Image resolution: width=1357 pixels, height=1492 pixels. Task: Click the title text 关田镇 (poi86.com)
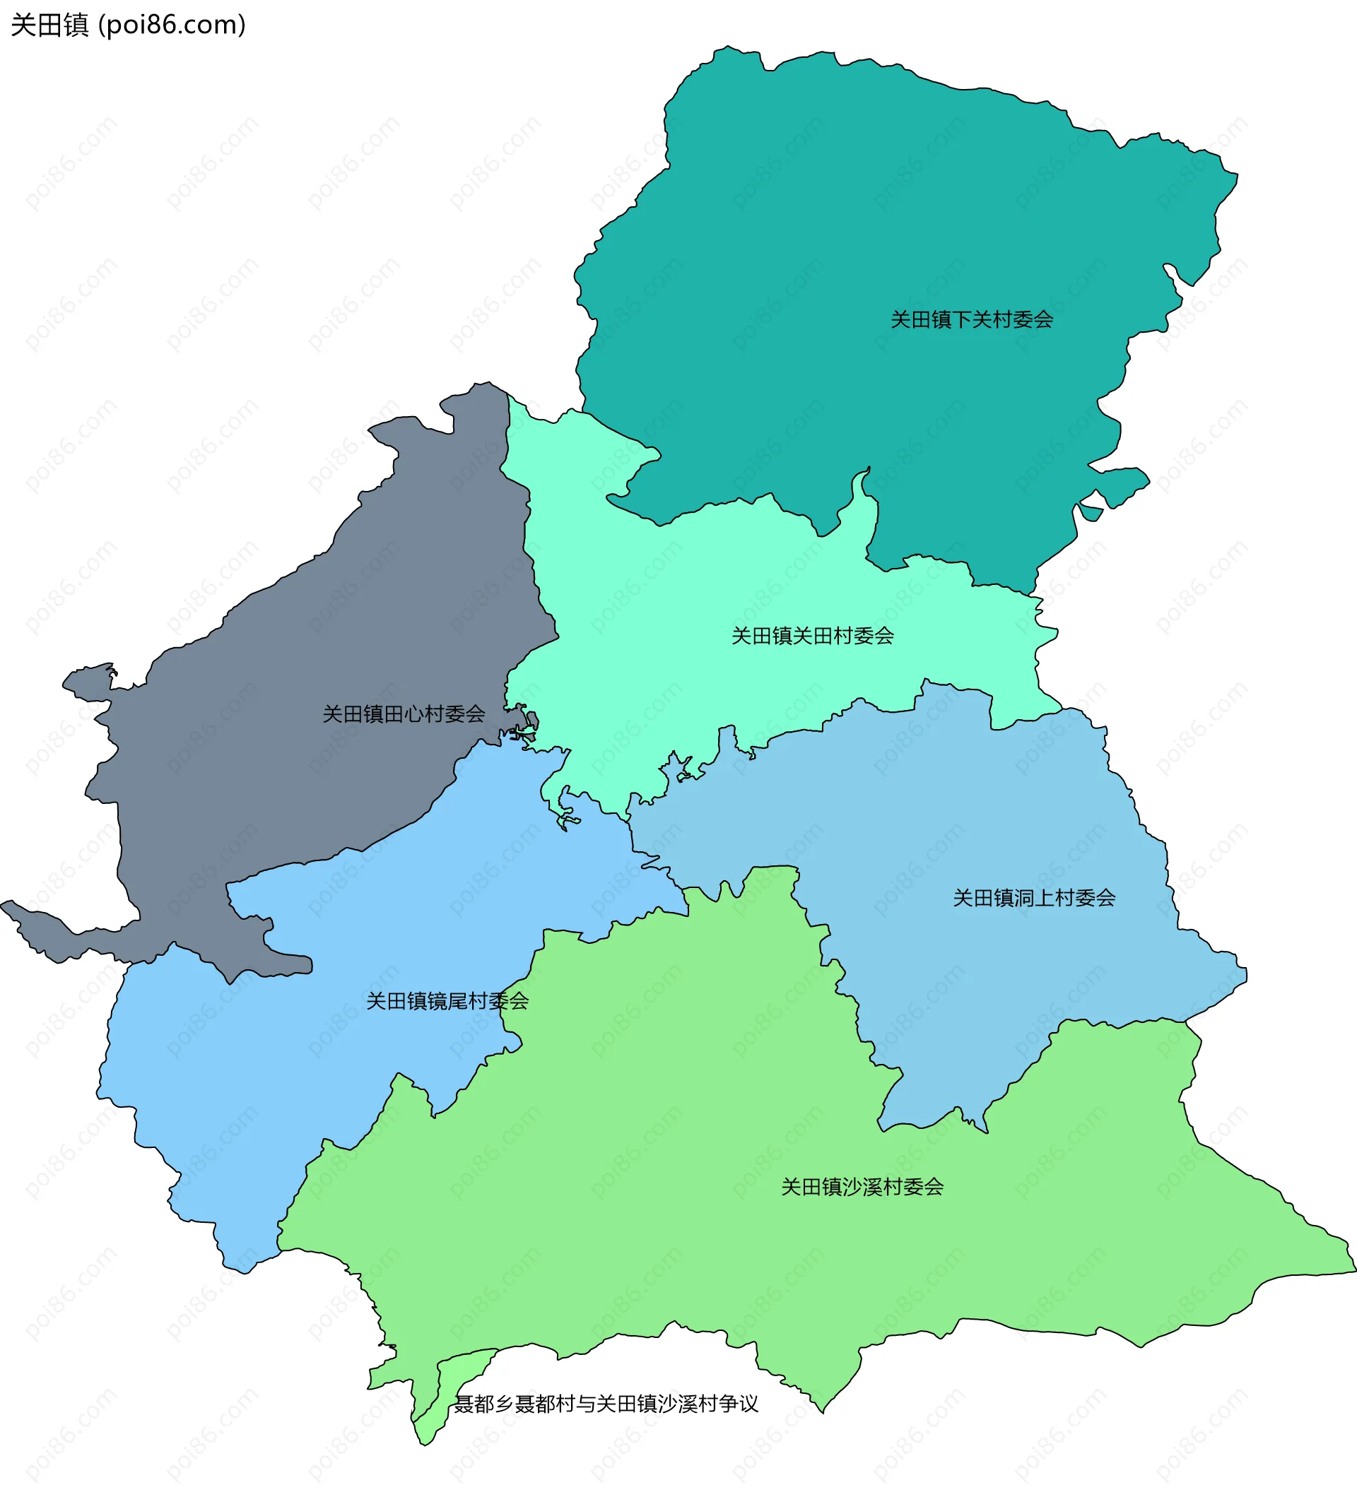128,25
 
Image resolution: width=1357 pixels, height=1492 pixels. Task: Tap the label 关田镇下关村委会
971,320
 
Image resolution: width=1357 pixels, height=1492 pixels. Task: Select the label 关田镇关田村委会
812,636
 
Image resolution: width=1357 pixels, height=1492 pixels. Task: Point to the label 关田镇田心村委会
404,714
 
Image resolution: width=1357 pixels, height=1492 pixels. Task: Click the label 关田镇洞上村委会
1033,898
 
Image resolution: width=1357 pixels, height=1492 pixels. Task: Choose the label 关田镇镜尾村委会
447,1001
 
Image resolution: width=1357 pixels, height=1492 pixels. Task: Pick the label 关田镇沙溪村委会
862,1187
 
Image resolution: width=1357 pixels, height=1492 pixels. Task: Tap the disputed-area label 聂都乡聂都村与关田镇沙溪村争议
606,1404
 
